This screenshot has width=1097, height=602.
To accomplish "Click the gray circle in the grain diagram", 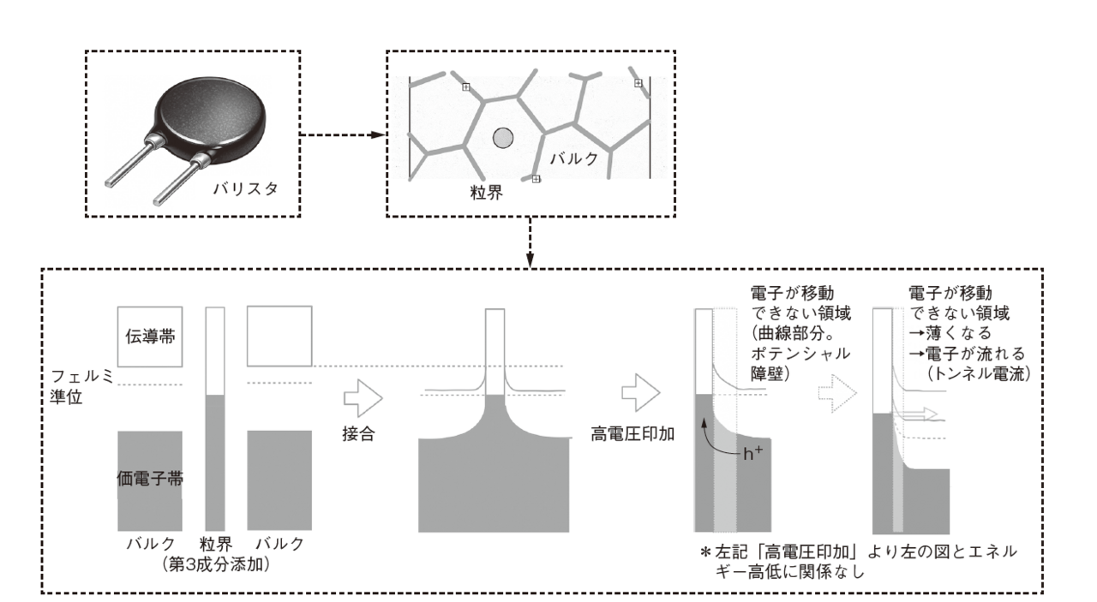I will [503, 136].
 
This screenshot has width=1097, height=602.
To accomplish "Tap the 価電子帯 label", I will [149, 479].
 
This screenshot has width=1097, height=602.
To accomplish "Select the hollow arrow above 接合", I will [361, 397].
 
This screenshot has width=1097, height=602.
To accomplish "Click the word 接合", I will [360, 432].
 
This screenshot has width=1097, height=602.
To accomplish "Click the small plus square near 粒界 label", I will [536, 179].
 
